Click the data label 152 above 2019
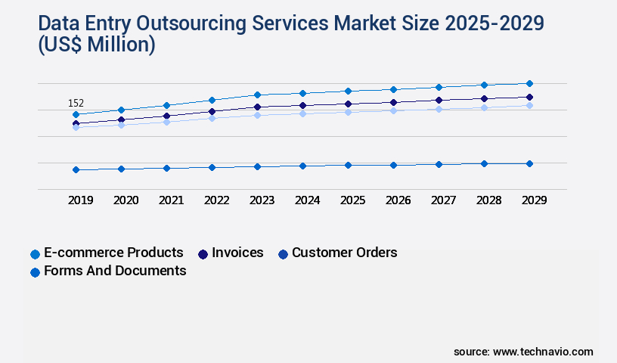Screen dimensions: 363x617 [76, 103]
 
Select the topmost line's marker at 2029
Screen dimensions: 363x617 [529, 83]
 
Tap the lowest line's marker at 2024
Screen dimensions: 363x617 [302, 166]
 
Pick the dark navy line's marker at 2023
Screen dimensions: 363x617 [257, 107]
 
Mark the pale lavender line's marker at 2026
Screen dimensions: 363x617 [393, 110]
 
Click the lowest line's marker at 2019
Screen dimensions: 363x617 [76, 169]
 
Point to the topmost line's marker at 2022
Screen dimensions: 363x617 [212, 100]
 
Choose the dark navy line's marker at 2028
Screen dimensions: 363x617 [484, 98]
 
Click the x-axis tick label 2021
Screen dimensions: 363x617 [172, 200]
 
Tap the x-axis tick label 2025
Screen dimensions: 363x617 [353, 200]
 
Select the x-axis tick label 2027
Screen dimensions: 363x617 [444, 200]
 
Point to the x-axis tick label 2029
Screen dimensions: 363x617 [535, 200]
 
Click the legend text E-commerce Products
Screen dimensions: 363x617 [113, 253]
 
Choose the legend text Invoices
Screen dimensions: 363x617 [237, 253]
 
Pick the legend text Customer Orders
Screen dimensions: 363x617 [344, 253]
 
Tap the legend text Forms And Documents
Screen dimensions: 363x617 [115, 271]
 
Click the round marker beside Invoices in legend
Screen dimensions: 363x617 [203, 253]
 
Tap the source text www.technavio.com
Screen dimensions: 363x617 [543, 352]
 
